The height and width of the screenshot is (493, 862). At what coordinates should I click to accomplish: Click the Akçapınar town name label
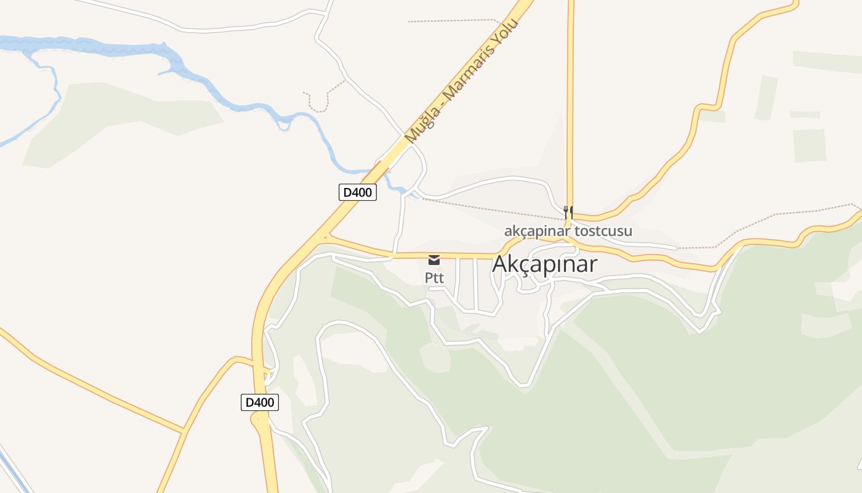click(544, 264)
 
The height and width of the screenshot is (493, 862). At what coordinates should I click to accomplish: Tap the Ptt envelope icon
click(434, 259)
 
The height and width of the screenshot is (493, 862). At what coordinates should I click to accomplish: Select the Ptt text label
click(434, 278)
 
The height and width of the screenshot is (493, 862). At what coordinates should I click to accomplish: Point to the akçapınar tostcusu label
click(568, 232)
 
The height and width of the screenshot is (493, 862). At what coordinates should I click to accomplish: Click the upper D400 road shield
click(357, 192)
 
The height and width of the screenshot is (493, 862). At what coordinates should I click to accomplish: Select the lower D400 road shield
click(259, 402)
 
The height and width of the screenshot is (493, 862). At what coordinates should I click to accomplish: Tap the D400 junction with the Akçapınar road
click(326, 235)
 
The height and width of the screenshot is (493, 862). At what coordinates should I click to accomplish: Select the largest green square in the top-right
click(809, 145)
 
